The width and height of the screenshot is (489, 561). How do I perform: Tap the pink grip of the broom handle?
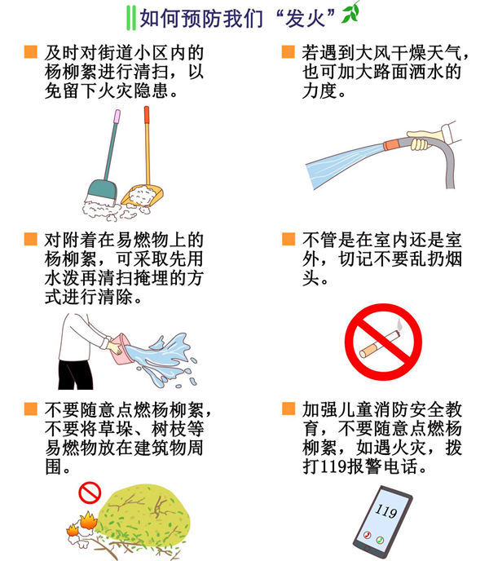117,116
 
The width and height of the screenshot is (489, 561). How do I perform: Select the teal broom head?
103,192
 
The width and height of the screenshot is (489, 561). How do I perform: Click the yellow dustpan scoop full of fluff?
143,195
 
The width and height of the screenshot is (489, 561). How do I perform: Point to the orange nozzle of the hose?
392,144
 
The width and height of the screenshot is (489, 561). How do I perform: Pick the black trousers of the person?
76,374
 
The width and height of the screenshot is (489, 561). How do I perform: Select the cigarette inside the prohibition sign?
380,344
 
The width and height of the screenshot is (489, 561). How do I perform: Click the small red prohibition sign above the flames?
90,493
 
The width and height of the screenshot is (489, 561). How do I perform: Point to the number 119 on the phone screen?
386,510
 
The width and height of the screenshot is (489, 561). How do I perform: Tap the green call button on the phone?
380,540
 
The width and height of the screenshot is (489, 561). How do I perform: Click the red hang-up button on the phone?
367,535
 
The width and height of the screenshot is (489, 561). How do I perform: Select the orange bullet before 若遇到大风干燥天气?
289,51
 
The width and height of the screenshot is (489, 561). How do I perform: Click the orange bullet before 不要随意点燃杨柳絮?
31,409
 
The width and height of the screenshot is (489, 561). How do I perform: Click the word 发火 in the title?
306,18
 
